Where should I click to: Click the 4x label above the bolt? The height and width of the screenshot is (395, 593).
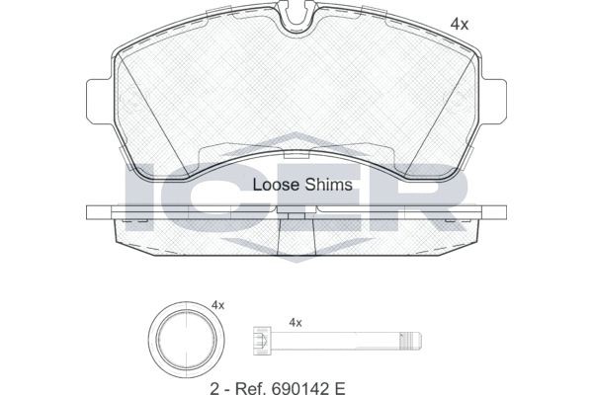point(294,322)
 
